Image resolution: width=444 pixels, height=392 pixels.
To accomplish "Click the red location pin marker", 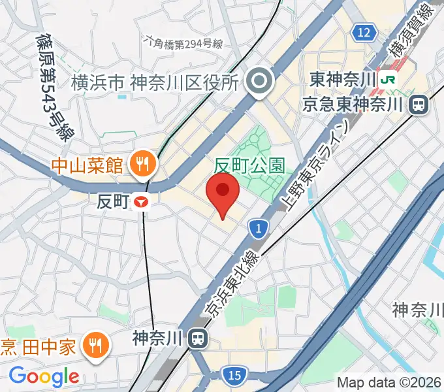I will (x=222, y=194).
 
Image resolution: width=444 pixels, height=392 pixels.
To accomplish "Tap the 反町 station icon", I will (x=141, y=203).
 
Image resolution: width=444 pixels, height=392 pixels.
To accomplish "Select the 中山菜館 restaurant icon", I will (x=141, y=163).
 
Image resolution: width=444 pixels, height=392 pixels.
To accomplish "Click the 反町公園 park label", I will (x=250, y=165).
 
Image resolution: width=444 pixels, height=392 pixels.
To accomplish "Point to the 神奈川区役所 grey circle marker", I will (x=261, y=82).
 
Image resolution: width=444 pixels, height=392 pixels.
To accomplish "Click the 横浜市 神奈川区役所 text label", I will (x=154, y=83).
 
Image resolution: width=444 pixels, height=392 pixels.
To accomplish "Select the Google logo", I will (x=44, y=376).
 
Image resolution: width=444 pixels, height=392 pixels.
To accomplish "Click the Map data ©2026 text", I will (x=388, y=382).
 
